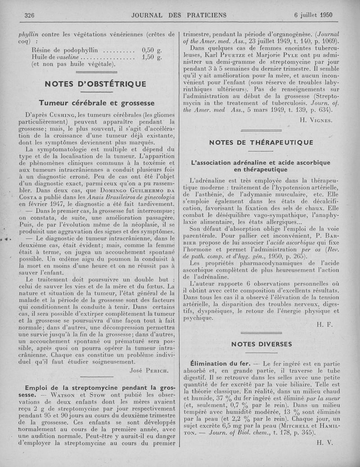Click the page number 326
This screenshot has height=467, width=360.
(x=30, y=15)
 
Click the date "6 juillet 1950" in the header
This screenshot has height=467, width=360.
(x=313, y=15)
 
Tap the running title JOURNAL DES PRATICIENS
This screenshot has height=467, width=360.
(x=179, y=15)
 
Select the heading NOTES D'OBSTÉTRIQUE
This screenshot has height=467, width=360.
(x=95, y=84)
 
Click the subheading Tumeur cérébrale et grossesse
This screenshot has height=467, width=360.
(x=96, y=103)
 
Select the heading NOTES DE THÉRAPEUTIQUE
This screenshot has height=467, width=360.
(x=268, y=143)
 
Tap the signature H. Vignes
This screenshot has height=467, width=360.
(x=315, y=120)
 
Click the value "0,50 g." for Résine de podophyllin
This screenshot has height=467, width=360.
(x=152, y=50)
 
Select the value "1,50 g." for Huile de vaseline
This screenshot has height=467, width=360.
(x=152, y=58)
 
